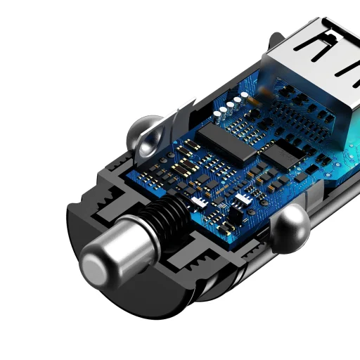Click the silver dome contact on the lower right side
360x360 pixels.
tap(289, 228)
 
